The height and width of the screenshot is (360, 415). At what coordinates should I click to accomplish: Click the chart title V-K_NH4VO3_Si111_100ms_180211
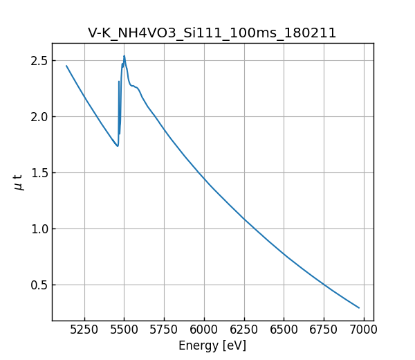(x=212, y=33)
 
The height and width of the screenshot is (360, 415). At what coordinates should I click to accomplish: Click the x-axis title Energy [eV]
(x=212, y=345)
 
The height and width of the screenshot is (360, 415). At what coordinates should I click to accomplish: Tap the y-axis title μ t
(x=19, y=182)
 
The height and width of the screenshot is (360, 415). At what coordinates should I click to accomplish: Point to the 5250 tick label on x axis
(x=84, y=330)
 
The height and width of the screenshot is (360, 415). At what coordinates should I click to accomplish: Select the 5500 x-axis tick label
(x=124, y=330)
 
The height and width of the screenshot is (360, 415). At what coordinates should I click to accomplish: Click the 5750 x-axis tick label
(x=165, y=330)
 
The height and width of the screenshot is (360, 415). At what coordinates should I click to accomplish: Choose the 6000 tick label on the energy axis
(x=204, y=330)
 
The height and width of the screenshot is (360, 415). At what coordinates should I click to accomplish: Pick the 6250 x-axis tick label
(x=244, y=330)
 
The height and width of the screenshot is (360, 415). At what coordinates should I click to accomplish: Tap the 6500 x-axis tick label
(x=284, y=330)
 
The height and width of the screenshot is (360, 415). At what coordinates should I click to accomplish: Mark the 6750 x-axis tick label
(x=324, y=330)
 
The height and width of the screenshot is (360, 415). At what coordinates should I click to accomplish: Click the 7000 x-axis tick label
(x=364, y=330)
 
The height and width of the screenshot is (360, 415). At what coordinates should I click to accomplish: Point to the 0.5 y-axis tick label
(x=39, y=285)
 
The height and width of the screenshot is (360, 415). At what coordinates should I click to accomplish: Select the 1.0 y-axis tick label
(x=39, y=229)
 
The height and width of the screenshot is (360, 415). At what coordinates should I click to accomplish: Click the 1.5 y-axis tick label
(x=39, y=173)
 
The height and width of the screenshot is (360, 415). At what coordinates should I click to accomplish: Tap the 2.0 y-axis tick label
(x=39, y=117)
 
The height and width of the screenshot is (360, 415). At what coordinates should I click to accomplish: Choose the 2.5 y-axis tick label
(x=39, y=61)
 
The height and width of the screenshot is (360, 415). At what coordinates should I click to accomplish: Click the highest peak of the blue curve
(x=124, y=56)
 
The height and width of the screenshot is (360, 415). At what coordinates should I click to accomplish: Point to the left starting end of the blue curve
(x=66, y=66)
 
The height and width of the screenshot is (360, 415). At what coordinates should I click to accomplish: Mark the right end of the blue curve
(x=359, y=307)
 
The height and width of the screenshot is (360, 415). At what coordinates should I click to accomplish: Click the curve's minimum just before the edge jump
(x=118, y=146)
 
